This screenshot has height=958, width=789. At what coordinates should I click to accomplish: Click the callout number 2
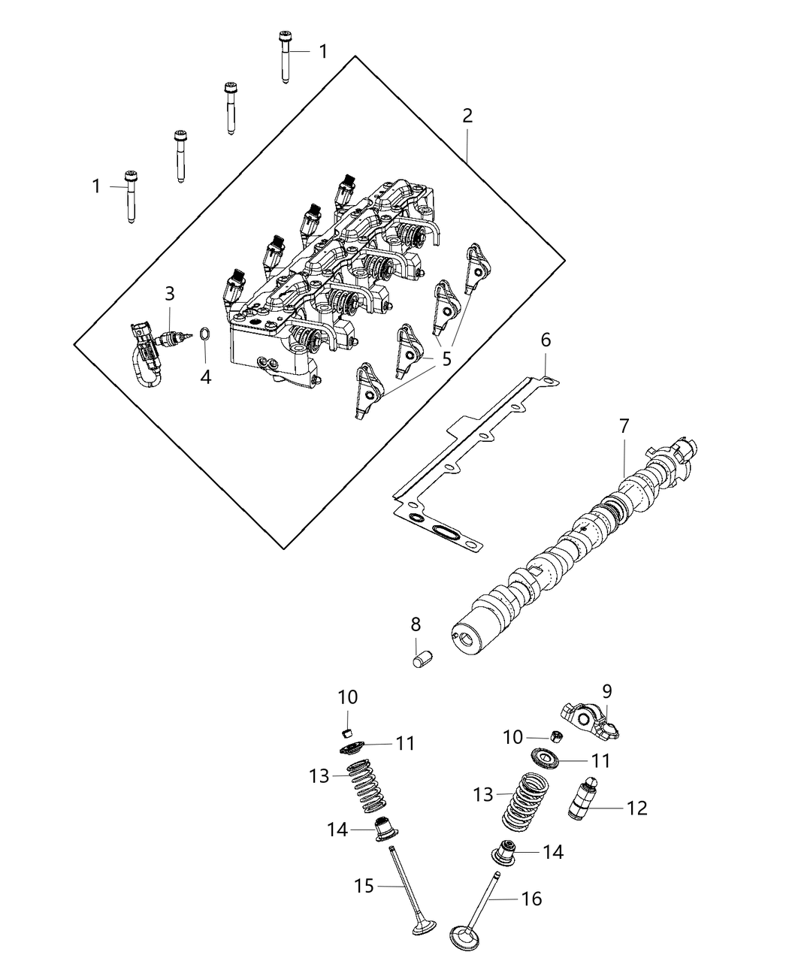point(467,116)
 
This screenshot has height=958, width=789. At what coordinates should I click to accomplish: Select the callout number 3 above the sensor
point(170,293)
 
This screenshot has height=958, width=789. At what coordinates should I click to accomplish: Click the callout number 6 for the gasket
point(546,340)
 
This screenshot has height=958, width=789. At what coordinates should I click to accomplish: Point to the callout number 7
point(624,426)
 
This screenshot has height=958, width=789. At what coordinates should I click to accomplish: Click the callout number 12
point(636,808)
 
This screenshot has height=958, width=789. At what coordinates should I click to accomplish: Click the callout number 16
point(531,899)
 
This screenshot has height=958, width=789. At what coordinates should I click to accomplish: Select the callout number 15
point(364,887)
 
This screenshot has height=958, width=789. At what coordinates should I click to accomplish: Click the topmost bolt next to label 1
point(285,56)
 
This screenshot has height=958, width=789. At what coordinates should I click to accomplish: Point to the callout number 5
point(446,359)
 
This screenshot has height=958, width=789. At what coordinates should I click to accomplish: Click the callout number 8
point(416,624)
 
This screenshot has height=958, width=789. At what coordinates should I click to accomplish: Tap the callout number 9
point(607,690)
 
